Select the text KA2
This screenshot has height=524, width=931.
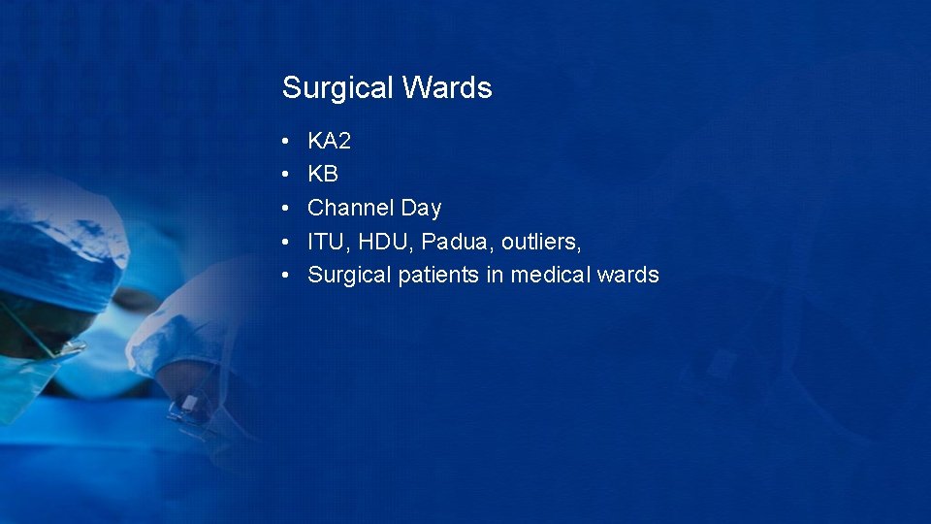pos(329,142)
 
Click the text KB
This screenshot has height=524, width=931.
pos(323,175)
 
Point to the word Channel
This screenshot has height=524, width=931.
pos(351,208)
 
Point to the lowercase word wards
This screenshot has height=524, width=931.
pos(628,276)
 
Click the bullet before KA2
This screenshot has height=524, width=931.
pos(287,143)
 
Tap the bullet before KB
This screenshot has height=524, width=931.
pos(287,176)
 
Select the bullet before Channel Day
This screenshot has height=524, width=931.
pos(287,209)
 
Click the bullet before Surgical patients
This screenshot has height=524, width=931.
pos(287,276)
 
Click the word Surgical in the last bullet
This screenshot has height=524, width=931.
pos(349,276)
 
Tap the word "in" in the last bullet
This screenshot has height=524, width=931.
pos(495,276)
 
